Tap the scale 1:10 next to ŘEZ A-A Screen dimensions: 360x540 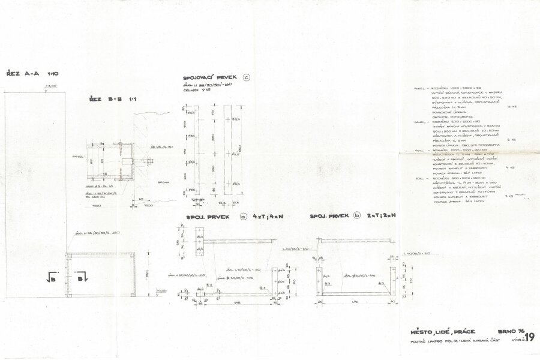click(51, 74)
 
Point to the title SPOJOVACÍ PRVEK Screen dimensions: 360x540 click(210, 78)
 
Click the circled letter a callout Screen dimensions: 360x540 click(243, 216)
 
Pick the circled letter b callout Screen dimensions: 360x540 click(357, 215)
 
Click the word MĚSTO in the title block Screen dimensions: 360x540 click(422, 331)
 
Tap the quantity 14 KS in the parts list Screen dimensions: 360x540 click(511, 107)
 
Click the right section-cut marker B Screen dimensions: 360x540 click(83, 277)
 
